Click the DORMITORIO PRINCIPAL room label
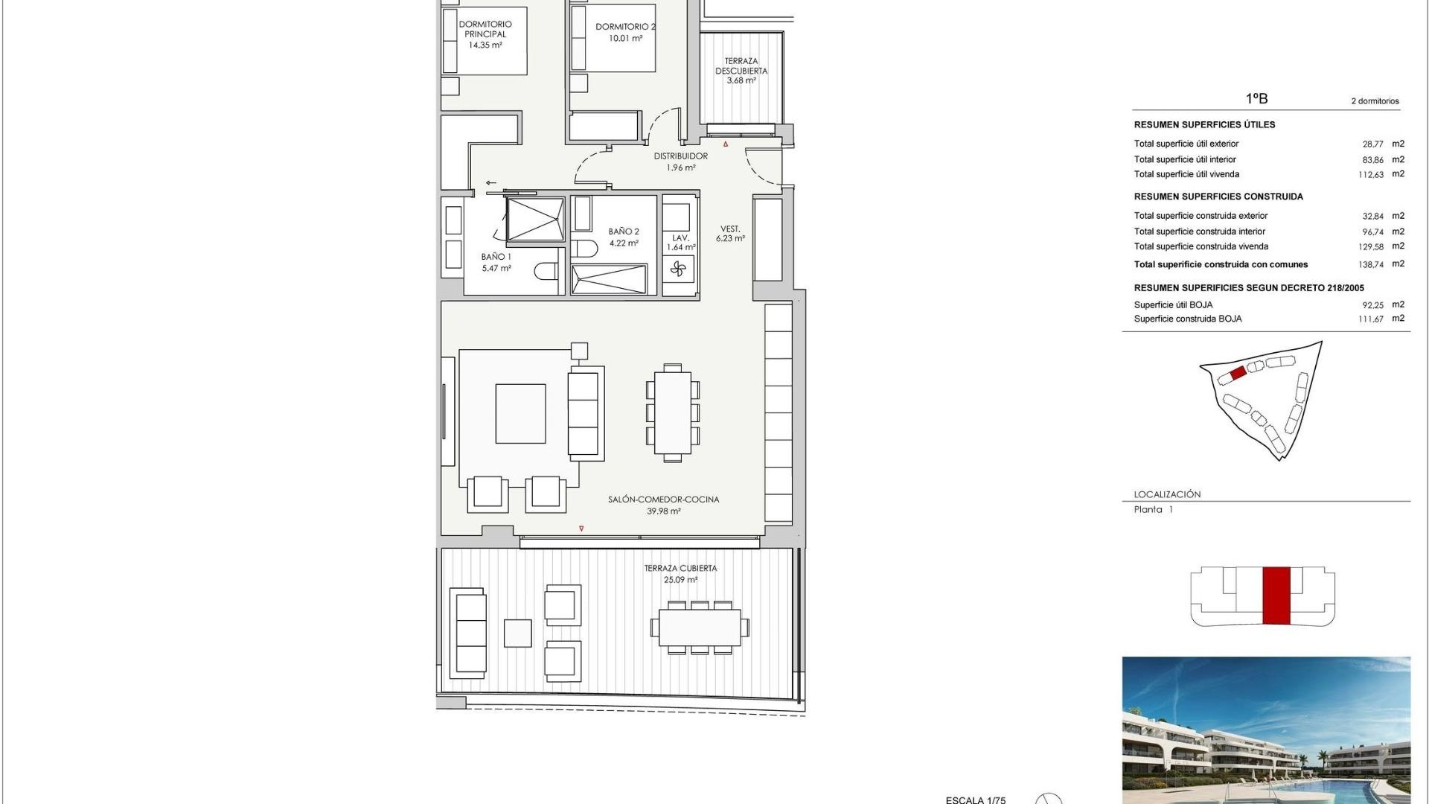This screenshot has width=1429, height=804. [x=485, y=29]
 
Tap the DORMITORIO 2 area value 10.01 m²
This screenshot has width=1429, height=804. [x=625, y=39]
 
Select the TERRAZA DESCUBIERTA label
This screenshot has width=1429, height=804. [x=741, y=66]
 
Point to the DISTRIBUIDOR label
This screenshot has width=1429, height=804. [x=680, y=156]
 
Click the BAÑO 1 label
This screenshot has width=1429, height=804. [x=496, y=257]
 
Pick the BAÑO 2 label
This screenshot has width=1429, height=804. [x=624, y=232]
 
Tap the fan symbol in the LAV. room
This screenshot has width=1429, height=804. [x=677, y=269]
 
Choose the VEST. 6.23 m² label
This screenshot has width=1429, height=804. [x=730, y=234]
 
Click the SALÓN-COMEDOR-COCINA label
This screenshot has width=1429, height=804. [x=663, y=500]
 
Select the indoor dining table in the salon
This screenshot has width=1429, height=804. [x=673, y=412]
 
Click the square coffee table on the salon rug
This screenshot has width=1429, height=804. [x=520, y=414]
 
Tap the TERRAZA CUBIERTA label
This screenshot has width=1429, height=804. [x=680, y=569]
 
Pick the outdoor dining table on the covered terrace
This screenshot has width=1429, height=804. [x=699, y=628]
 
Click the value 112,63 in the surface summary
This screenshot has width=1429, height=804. [x=1370, y=175]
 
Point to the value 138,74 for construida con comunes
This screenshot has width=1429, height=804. [x=1370, y=264]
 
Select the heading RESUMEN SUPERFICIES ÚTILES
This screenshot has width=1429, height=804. [x=1204, y=125]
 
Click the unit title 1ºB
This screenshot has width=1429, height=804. [x=1256, y=98]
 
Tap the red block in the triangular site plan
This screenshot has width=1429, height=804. [x=1238, y=373]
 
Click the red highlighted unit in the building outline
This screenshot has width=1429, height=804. [x=1276, y=595]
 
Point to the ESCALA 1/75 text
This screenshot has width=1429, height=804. [x=975, y=800]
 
